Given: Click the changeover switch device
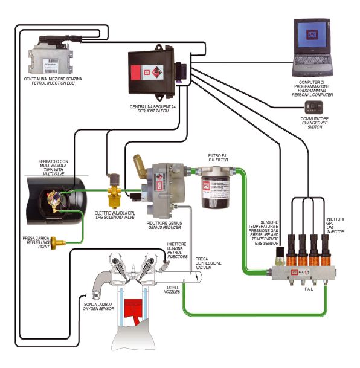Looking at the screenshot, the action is click(313, 108).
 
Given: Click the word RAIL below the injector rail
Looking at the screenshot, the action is click(309, 289).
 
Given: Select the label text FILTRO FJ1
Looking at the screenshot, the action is click(218, 156).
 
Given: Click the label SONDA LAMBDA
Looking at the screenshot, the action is click(98, 304).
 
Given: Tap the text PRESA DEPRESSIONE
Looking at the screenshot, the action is click(208, 261).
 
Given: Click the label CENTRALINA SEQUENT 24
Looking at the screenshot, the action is click(153, 106).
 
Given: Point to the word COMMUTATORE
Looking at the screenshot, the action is click(315, 119).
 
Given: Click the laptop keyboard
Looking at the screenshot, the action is click(312, 62).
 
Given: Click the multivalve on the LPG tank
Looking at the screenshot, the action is click(54, 199).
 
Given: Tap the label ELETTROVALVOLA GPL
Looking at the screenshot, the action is click(115, 213).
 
